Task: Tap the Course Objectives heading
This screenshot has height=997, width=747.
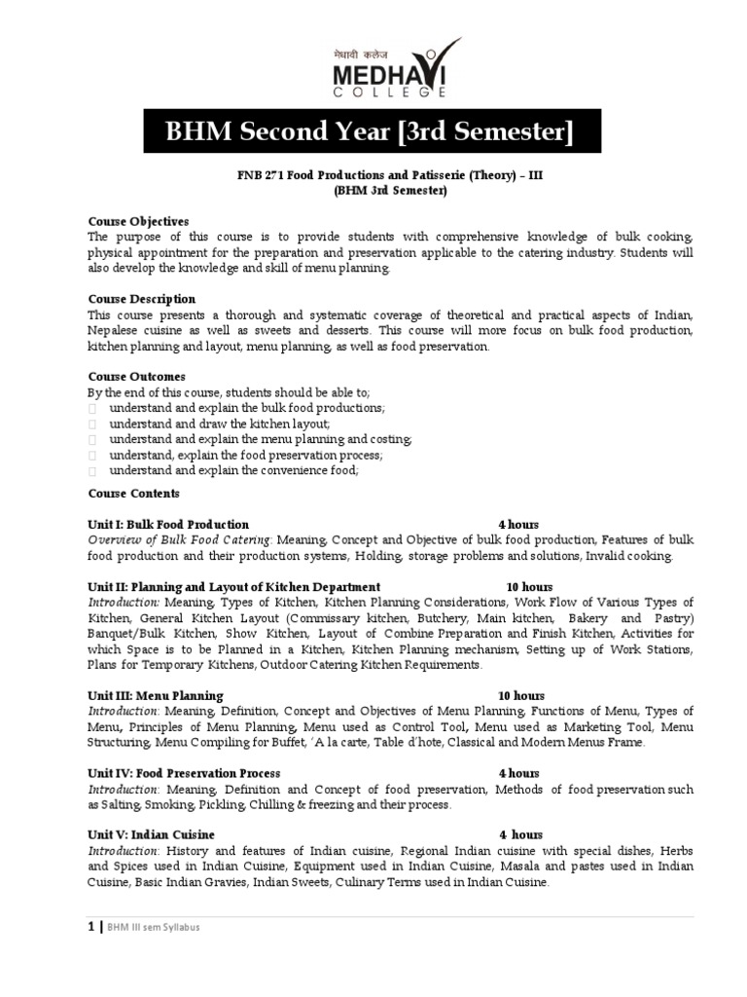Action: (x=138, y=222)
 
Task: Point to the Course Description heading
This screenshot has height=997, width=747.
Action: (x=142, y=299)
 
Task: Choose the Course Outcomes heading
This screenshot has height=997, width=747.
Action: (x=137, y=377)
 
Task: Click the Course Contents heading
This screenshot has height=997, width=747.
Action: (x=134, y=494)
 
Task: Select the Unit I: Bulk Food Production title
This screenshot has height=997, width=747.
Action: (x=168, y=525)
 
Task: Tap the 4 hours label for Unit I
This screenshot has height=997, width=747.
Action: (x=518, y=525)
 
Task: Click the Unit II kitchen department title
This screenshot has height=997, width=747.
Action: (x=233, y=587)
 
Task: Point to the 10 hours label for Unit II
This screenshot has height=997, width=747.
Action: (x=529, y=587)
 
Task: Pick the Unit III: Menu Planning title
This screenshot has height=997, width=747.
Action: (x=156, y=696)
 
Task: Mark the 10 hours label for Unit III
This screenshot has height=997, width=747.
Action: (x=521, y=696)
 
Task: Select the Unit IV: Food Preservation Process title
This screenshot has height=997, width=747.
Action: (x=184, y=773)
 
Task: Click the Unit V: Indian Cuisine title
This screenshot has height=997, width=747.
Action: (x=152, y=835)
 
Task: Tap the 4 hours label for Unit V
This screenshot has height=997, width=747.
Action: (x=521, y=835)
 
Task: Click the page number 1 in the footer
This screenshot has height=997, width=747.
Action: (x=91, y=927)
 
